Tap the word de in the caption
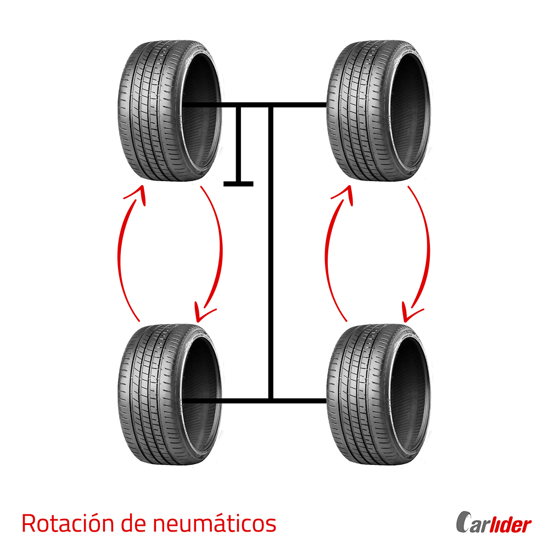135,523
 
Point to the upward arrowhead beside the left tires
136,194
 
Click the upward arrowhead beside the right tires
344,194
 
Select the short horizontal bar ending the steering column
238,183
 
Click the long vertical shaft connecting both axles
270,247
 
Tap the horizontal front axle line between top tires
296,104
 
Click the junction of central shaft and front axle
270,104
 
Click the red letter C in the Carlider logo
463,524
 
